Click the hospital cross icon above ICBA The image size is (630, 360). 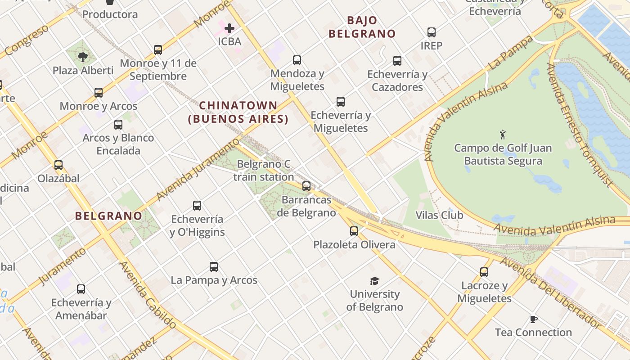[229, 28]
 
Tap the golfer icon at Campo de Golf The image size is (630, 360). [503, 134]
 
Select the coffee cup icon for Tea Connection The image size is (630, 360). [533, 319]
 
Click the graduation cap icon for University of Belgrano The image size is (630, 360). [374, 281]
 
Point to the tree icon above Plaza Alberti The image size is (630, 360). [82, 57]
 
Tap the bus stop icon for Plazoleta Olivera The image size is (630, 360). [354, 231]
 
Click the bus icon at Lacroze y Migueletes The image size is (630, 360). [484, 272]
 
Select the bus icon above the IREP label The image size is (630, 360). [432, 32]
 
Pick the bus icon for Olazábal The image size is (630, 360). [58, 165]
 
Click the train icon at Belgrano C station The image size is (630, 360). [306, 186]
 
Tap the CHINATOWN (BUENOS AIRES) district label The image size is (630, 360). [238, 112]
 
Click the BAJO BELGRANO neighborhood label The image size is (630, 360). [362, 27]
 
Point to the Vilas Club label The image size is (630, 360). [439, 215]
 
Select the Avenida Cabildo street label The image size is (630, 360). [148, 295]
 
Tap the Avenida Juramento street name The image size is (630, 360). [198, 169]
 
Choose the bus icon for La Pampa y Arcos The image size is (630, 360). [214, 267]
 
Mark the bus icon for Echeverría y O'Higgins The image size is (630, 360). [197, 206]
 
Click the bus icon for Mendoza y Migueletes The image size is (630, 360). [297, 60]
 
